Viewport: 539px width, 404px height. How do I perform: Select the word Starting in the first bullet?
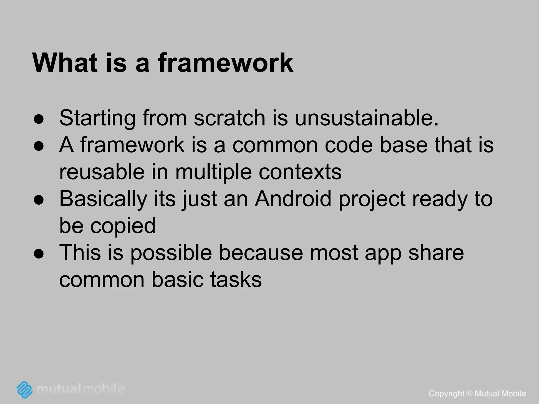[x=97, y=118]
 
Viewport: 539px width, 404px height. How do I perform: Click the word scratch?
[x=229, y=118]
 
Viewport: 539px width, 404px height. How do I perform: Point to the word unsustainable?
[x=366, y=118]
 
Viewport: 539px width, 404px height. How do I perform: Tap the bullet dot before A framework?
[x=39, y=147]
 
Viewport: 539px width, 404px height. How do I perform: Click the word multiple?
[x=213, y=172]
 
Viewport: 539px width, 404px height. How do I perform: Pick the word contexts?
[x=300, y=172]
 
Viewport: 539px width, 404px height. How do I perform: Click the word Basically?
[x=103, y=199]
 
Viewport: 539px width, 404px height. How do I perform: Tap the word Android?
[x=293, y=199]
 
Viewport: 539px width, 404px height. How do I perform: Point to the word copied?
[x=123, y=226]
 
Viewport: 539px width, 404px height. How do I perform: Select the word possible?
[x=171, y=253]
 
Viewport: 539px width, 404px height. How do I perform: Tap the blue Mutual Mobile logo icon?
[x=25, y=389]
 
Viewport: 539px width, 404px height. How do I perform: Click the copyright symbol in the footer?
[x=470, y=393]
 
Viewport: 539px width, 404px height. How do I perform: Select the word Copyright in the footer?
[x=446, y=394]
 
